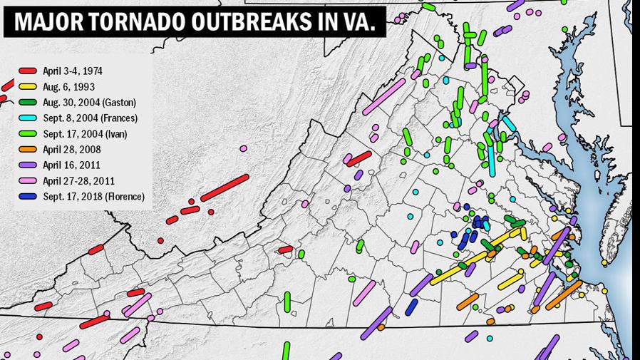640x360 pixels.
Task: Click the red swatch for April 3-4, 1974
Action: click(28, 71)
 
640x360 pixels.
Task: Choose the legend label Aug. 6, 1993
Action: click(68, 87)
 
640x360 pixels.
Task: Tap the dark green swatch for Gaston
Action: click(28, 103)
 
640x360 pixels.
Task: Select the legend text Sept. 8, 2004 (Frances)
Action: click(90, 118)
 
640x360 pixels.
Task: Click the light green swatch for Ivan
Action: click(28, 134)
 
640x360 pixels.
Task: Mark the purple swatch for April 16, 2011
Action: click(28, 165)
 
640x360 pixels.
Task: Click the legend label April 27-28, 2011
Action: click(78, 181)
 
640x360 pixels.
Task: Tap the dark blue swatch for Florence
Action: click(28, 197)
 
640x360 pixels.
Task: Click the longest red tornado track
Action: click(224, 188)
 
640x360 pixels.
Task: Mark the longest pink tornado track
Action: click(385, 96)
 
